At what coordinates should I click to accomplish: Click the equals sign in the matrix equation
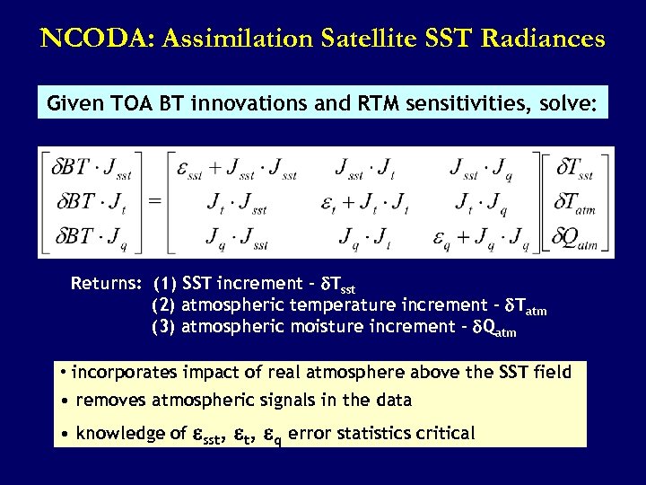[x=154, y=202]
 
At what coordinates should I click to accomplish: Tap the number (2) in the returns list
[x=163, y=306]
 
